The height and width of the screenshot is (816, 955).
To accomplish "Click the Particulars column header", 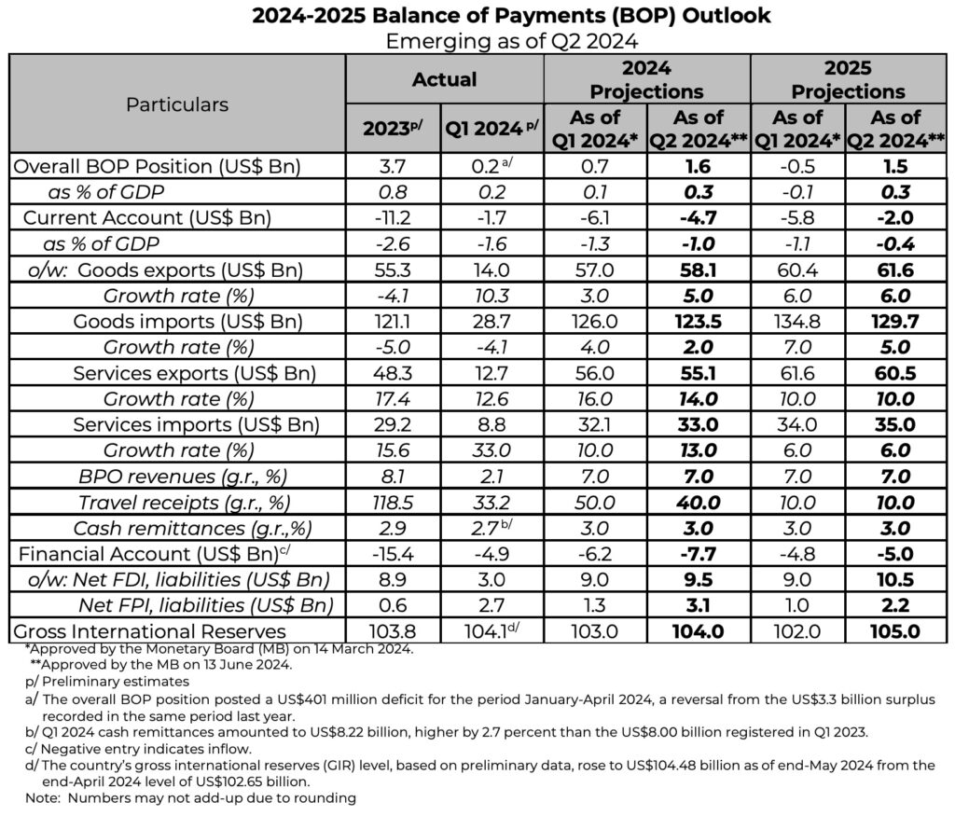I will tap(177, 104).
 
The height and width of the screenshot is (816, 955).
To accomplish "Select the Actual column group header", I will tap(444, 79).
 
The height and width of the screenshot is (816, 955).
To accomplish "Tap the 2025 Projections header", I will tap(848, 79).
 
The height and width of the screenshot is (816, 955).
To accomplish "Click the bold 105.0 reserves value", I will tap(896, 630).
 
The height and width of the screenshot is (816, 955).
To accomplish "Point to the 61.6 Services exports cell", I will tap(796, 373).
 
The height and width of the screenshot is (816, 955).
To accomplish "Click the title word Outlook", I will tap(736, 17).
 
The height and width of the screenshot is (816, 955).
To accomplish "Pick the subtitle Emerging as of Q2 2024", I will tap(477, 40).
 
